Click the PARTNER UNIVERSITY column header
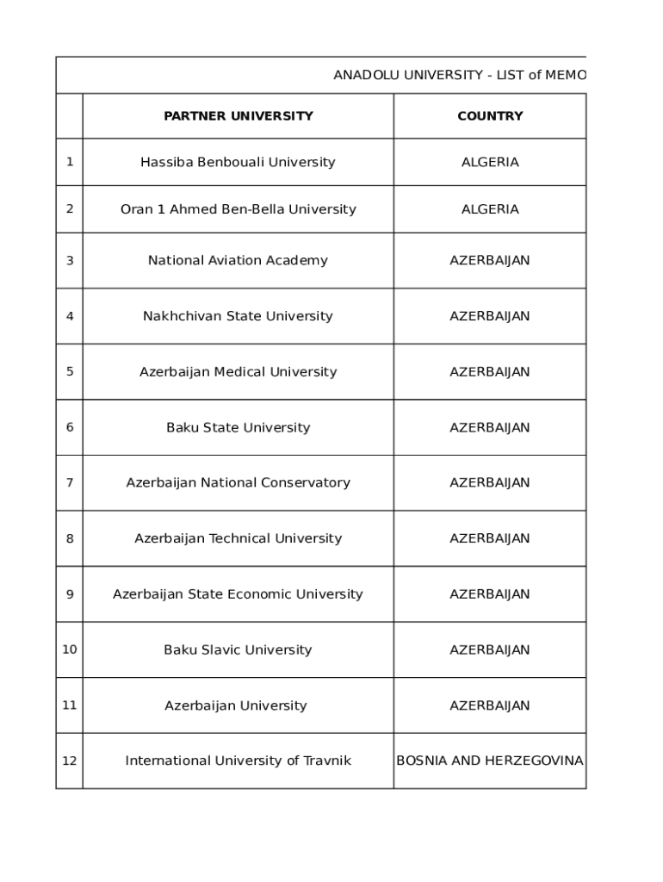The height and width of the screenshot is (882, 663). pos(238,116)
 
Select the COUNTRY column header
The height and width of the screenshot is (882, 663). pos(490,116)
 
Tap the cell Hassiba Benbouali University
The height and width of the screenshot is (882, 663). pos(238,162)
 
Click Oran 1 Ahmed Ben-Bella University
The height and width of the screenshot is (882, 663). pos(238,209)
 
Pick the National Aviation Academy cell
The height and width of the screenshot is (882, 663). pos(238,260)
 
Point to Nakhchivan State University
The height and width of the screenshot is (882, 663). pos(238,316)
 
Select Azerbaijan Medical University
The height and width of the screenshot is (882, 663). pos(238,372)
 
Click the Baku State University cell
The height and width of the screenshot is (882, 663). pos(238,427)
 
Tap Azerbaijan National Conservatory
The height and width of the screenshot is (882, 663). pos(238,482)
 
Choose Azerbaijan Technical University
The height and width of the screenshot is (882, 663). pos(238,538)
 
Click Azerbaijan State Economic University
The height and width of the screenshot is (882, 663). pos(238,594)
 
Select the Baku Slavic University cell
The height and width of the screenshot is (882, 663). pos(238,649)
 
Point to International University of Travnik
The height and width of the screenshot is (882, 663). pos(238,761)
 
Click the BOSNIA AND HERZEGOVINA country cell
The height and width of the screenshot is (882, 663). pos(489,761)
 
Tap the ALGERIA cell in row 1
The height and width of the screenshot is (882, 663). pos(490,162)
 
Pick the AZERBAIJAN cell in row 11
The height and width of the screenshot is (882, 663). pos(490,705)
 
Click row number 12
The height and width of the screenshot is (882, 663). pos(70,761)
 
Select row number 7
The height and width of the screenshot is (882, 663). pos(70,482)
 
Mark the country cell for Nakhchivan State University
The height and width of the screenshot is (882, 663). pos(490,316)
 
